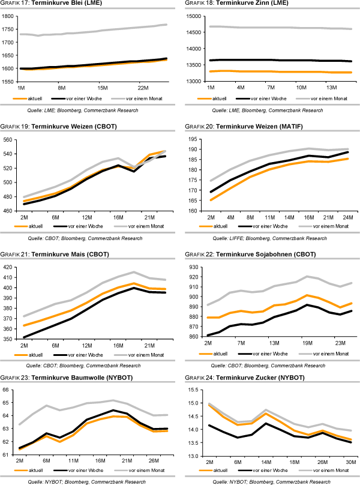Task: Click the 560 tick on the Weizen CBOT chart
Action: pos(9,139)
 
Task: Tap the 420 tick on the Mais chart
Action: pos(9,267)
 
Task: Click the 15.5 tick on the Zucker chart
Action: pos(195,390)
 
